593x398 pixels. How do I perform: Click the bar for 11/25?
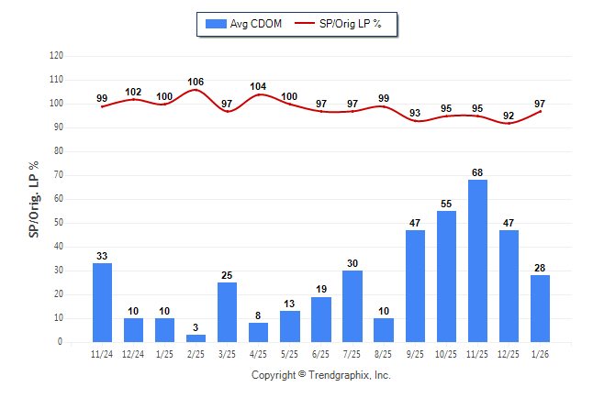click(477, 261)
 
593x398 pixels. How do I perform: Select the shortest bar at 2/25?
click(196, 338)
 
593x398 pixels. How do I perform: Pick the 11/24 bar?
click(102, 303)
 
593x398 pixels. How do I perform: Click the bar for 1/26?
click(540, 308)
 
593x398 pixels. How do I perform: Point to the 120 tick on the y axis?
click(56, 56)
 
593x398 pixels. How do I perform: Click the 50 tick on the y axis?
click(59, 223)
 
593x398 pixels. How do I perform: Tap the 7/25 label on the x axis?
click(352, 353)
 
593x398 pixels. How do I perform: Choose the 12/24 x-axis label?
click(134, 353)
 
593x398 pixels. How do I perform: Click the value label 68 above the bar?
click(477, 173)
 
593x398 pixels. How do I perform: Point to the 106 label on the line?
click(196, 82)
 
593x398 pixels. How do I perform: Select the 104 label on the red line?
click(258, 87)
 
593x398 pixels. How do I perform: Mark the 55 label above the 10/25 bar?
click(446, 205)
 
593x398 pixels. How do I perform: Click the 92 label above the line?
click(509, 116)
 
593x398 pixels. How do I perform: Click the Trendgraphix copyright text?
click(320, 375)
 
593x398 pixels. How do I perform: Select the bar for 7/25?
click(352, 306)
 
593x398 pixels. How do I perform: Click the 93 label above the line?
click(415, 114)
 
